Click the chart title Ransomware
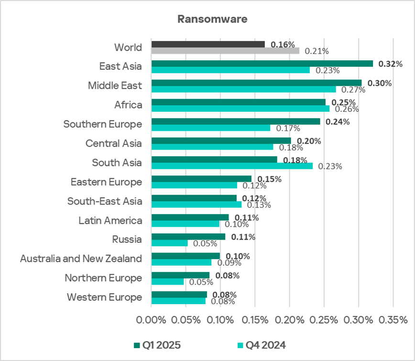pos(212,19)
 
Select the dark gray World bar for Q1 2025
pos(208,44)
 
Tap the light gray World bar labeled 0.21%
pos(225,51)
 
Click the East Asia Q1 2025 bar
pos(262,63)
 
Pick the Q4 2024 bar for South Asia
pos(232,166)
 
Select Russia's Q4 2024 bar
pos(169,243)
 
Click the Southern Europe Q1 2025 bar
pos(236,121)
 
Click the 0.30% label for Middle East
pos(380,83)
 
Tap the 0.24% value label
pos(338,121)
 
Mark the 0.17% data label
pos(288,128)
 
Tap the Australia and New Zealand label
pos(81,259)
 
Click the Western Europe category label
pos(104,297)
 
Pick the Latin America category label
pos(110,220)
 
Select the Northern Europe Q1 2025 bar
pos(180,275)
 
